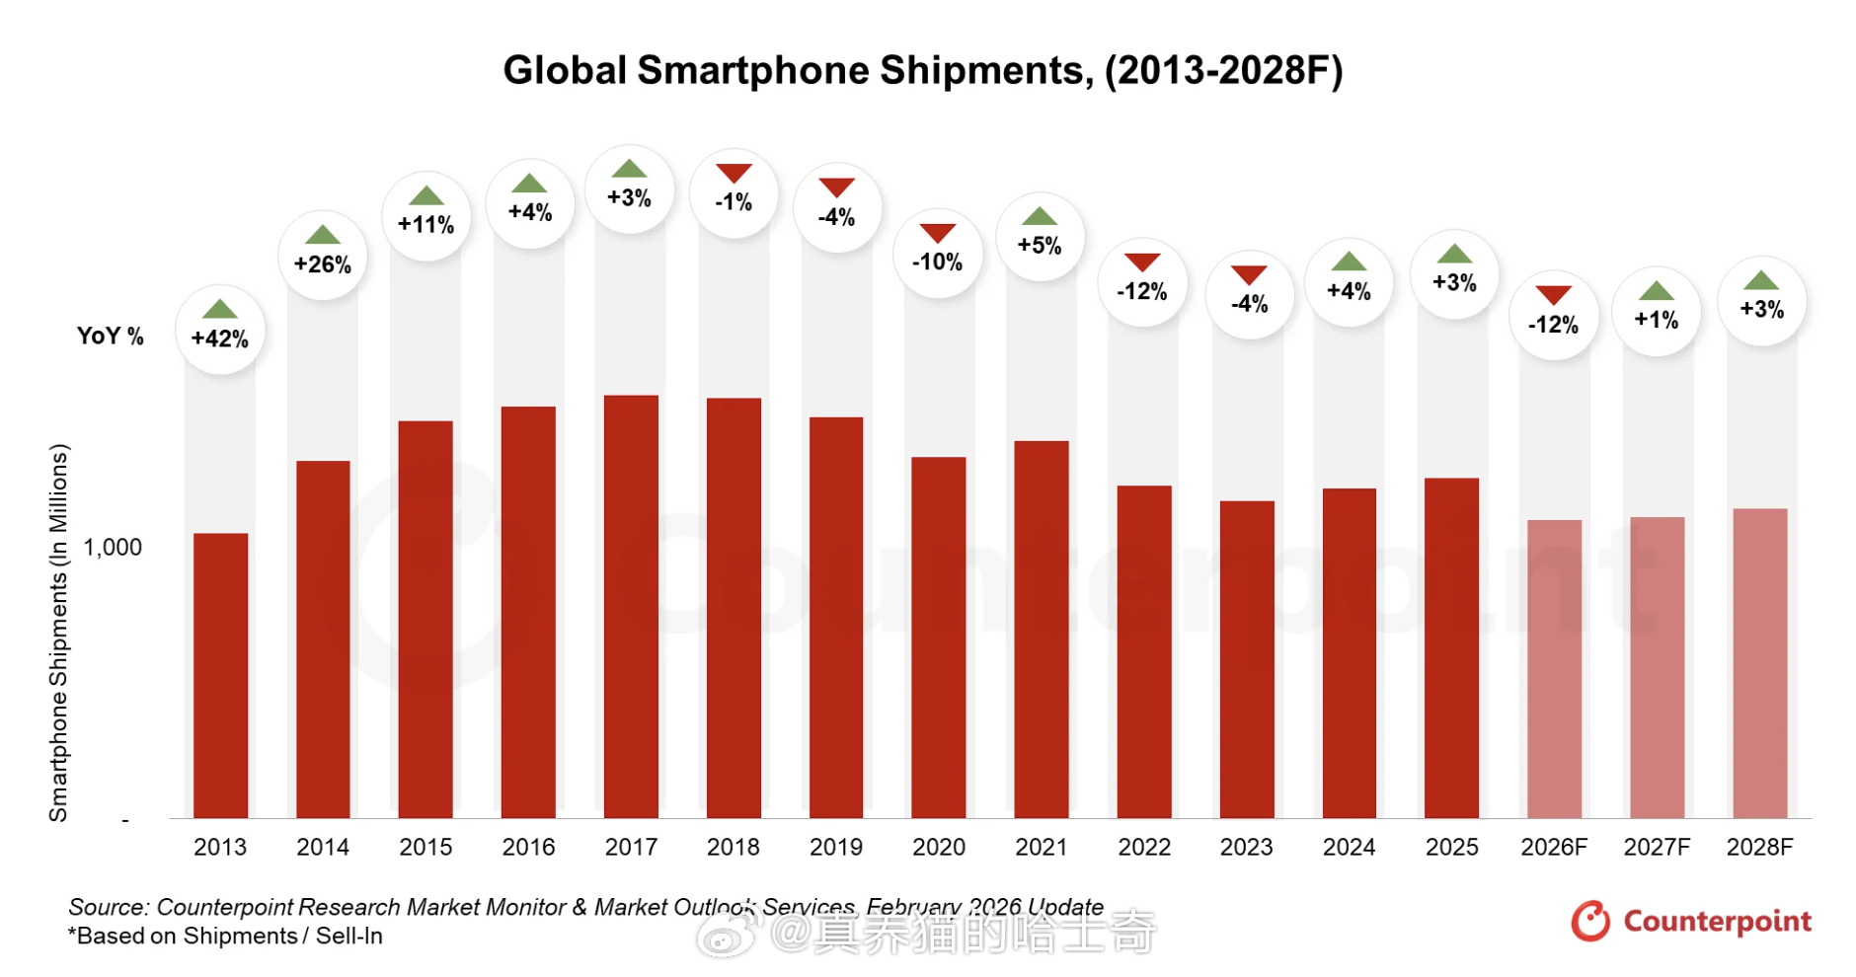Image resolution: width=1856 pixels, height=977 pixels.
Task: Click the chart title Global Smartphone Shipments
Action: point(922,71)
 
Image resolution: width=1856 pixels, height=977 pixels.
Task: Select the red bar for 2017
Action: point(631,606)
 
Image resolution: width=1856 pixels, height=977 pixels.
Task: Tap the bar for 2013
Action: point(220,675)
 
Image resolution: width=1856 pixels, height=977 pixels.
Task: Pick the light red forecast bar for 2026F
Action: point(1554,668)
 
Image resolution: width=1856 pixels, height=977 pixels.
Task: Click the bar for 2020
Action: point(938,637)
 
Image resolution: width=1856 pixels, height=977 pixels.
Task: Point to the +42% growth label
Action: point(220,338)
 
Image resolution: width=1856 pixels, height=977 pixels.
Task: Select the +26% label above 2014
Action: point(323,264)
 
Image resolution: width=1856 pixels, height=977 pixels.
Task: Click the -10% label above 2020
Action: point(937,262)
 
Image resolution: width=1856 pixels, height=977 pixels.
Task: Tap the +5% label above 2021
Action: point(1040,245)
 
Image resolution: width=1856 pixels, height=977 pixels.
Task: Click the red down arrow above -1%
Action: point(734,174)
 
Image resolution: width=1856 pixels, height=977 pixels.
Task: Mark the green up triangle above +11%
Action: point(425,195)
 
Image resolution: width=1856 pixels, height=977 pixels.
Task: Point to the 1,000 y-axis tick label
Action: point(113,548)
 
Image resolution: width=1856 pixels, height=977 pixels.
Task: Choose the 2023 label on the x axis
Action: point(1246,847)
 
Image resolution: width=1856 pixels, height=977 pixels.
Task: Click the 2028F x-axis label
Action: point(1759,847)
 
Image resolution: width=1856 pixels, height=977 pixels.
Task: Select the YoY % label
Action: point(111,337)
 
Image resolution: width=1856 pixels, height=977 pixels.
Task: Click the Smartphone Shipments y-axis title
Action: point(59,632)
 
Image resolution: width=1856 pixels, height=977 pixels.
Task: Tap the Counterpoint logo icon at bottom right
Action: point(1590,921)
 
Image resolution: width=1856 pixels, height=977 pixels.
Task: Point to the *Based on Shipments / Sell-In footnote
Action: point(225,937)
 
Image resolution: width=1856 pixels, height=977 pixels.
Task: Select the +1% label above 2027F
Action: point(1656,320)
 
